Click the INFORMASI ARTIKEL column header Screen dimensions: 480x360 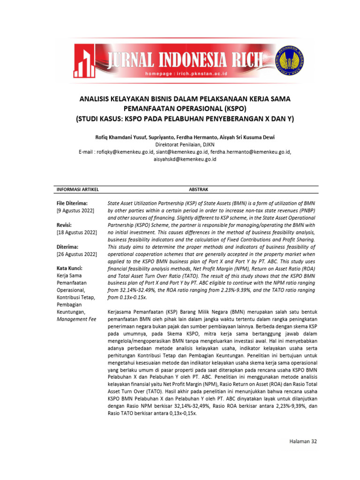coord(77,189)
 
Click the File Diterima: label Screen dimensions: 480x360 coord(72,203)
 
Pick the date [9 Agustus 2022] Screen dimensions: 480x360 coord(75,210)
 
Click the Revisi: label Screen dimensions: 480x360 coord(64,225)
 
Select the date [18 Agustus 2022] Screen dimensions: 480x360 coord(76,232)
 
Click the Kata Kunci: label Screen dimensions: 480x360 coord(69,268)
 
